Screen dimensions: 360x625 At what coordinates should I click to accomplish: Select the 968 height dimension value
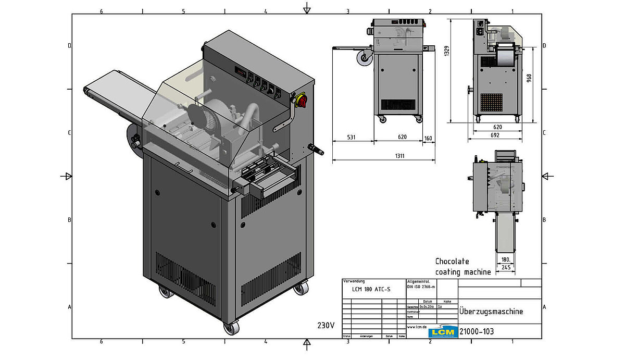click(x=529, y=78)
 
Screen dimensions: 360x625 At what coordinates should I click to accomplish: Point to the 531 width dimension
click(x=351, y=138)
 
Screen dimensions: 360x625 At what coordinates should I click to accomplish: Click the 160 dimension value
click(x=428, y=138)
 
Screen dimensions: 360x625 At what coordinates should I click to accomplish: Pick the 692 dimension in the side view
click(x=495, y=135)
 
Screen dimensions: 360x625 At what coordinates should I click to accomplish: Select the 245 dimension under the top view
click(x=505, y=267)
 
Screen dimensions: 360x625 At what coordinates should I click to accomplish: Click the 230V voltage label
click(x=326, y=325)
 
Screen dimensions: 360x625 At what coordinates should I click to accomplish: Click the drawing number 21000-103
click(x=477, y=331)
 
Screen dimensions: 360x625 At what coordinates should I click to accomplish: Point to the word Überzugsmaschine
click(x=491, y=312)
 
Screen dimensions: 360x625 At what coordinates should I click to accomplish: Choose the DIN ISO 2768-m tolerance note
click(x=421, y=287)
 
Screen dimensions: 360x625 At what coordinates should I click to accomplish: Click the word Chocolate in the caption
click(x=452, y=261)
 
